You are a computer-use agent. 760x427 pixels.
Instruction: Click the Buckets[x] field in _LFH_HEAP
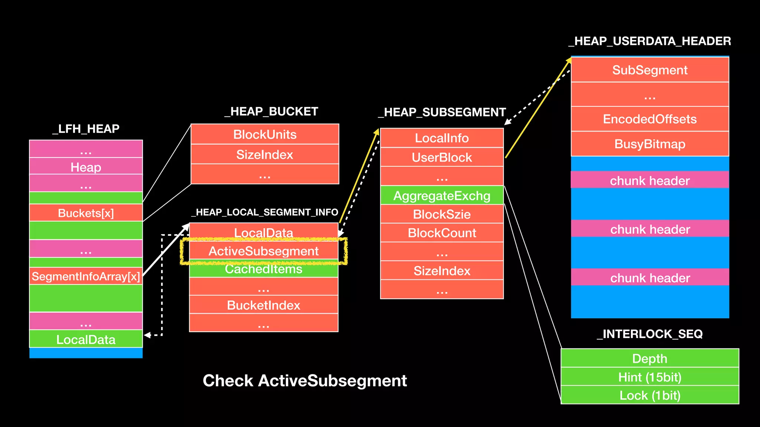tap(86, 213)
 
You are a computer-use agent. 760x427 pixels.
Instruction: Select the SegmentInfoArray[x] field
tap(86, 276)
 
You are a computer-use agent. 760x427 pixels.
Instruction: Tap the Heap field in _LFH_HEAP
tap(86, 167)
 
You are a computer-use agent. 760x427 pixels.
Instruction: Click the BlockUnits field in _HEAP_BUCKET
tap(265, 134)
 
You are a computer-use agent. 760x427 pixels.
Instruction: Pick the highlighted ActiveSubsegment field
tap(263, 251)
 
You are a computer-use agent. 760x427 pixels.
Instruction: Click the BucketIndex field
tap(263, 305)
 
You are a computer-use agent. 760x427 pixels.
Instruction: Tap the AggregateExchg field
tap(442, 195)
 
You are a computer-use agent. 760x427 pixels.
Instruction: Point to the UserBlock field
tap(442, 157)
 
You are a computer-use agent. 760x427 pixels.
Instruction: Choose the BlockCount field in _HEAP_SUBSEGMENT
tap(442, 233)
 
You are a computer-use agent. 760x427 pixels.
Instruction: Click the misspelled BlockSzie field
tap(442, 214)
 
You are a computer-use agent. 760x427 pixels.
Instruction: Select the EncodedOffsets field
tap(649, 119)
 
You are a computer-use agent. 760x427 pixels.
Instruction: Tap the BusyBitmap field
tap(649, 144)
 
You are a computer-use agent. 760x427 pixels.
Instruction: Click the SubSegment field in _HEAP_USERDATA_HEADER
tap(649, 70)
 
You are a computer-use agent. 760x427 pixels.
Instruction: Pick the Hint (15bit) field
tap(649, 377)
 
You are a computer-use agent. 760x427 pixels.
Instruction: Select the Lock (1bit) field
tap(649, 395)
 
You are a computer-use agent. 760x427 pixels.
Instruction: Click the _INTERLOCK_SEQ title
tap(649, 334)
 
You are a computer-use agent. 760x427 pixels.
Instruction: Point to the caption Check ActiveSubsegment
tap(305, 381)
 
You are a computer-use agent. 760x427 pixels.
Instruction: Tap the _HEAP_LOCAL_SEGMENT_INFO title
tap(265, 212)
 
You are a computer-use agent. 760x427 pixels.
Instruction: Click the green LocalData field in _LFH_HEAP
tap(86, 339)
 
